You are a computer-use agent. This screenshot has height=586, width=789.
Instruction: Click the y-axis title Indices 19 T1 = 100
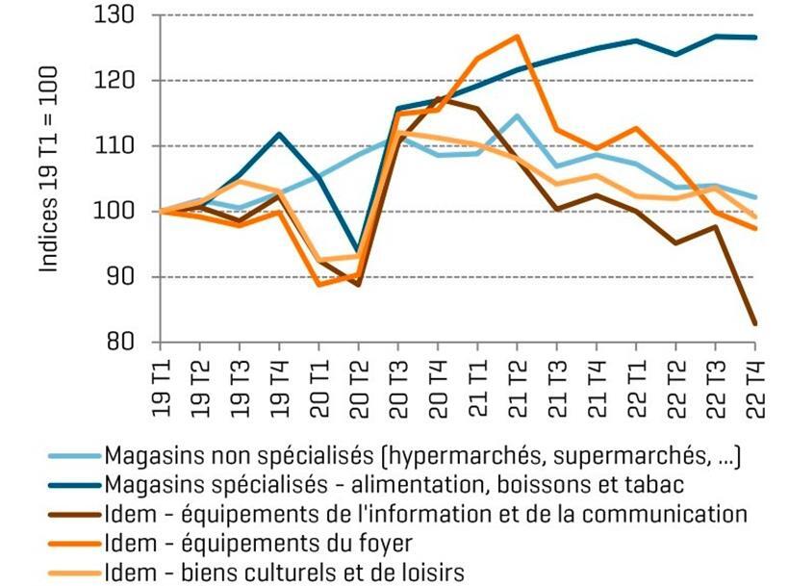(x=49, y=169)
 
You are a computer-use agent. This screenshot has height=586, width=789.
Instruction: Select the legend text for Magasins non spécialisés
(x=423, y=454)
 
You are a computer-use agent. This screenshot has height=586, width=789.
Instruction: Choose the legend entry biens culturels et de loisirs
(x=285, y=573)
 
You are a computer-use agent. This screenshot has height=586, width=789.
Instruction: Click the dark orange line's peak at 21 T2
(x=517, y=37)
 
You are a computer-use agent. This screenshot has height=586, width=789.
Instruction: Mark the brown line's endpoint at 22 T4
(x=753, y=323)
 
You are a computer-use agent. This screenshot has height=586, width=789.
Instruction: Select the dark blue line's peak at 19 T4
(x=280, y=134)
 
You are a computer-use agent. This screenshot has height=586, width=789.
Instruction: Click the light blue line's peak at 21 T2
(x=517, y=115)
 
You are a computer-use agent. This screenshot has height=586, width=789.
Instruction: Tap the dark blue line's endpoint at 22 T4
(x=753, y=38)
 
